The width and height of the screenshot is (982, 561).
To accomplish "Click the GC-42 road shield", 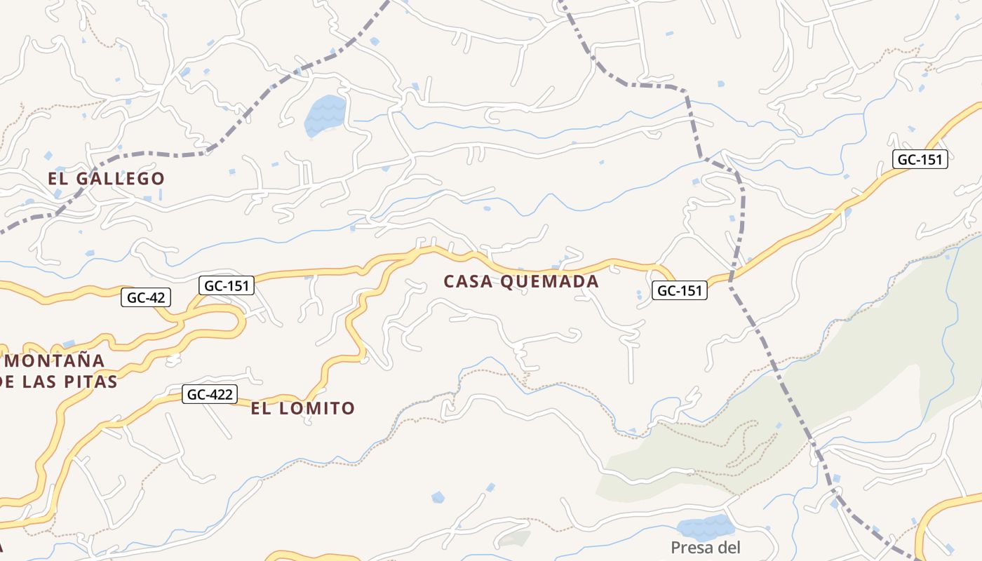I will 146,297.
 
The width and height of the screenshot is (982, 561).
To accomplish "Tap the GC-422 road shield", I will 208,394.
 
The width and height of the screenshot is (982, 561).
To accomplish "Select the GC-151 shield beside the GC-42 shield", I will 226,285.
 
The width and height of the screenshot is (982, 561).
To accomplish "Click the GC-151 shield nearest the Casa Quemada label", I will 680,290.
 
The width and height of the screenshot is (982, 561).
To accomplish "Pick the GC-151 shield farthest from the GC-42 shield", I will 920,159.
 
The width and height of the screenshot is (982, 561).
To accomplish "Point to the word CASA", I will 470,282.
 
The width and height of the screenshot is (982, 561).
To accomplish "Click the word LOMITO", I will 317,408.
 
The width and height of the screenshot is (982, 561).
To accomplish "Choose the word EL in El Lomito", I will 261,408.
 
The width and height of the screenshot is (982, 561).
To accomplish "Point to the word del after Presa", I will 729,548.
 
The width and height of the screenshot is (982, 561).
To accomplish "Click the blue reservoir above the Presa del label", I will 705,526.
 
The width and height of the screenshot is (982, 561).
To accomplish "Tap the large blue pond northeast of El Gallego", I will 325,114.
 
